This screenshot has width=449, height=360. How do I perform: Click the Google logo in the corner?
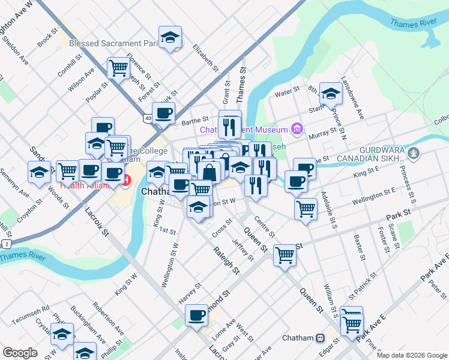pos(20,353)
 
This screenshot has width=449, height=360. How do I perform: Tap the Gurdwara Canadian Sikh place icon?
pos(412,154)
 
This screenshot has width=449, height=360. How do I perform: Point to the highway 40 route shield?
pos(148,118)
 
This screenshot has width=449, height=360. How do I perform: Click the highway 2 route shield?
pos(6,244)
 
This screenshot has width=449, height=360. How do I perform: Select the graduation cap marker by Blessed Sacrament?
pos(170,37)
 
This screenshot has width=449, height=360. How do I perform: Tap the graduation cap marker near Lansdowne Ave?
pos(331,93)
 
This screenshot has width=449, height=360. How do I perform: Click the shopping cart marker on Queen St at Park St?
pos(285,254)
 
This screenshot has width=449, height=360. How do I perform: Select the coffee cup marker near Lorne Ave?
pos(196,315)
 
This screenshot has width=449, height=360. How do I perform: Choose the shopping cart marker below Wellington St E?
pos(306,209)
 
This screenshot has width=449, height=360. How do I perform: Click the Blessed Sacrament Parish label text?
pos(113,44)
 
